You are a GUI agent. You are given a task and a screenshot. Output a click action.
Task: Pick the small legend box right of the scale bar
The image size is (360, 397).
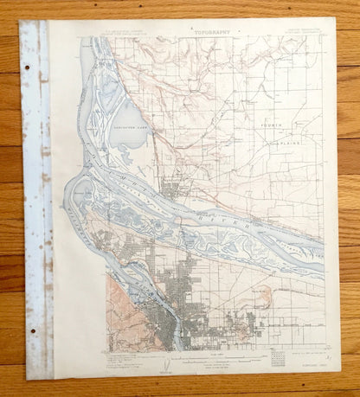(x=277, y=357)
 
